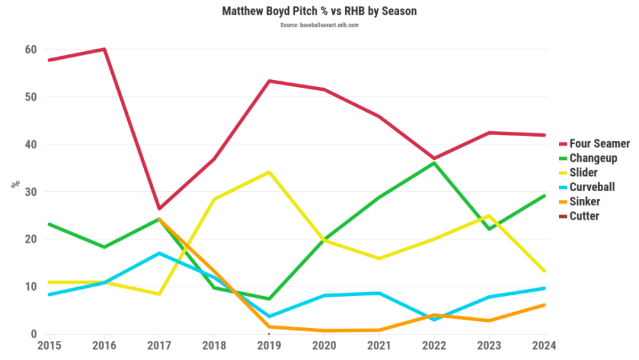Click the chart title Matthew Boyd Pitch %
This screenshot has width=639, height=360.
point(319,12)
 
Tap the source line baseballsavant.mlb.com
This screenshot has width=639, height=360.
point(319,25)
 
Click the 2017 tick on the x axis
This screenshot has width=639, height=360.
point(158,345)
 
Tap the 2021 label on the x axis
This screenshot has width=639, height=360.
point(379,345)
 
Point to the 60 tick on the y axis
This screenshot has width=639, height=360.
point(31,50)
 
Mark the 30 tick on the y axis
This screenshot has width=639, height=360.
point(31,192)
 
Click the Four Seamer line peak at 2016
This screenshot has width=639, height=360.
point(104,49)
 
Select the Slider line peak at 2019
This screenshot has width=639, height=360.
point(269,172)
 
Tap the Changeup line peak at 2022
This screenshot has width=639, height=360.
point(435,163)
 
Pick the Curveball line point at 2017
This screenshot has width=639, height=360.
point(158,253)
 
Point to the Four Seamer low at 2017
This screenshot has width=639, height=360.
point(158,208)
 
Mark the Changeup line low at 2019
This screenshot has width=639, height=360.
point(269,299)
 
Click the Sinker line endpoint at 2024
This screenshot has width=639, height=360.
point(544,305)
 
